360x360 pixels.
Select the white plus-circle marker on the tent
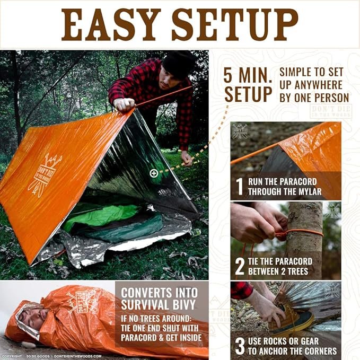click(154, 173)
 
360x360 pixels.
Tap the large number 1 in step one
click(240, 187)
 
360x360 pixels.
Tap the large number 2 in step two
click(240, 266)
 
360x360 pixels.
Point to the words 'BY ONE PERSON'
click(314, 97)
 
